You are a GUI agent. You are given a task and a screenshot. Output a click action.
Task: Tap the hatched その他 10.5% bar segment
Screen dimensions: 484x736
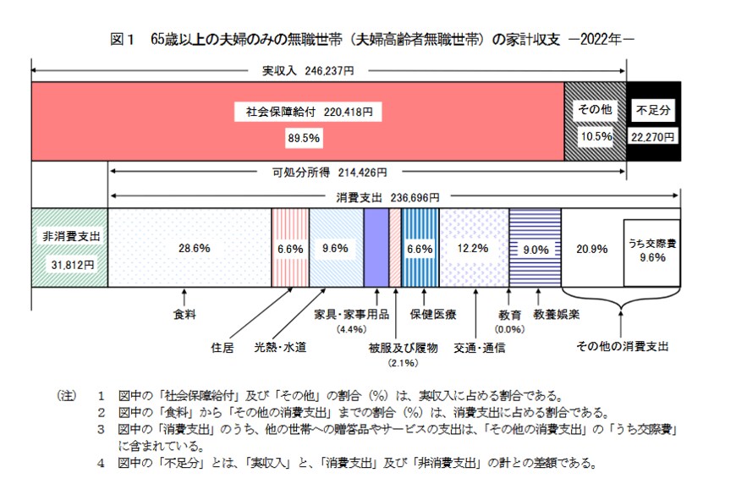(x=596, y=123)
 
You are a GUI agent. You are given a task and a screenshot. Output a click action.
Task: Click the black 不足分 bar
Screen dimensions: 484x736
(x=654, y=123)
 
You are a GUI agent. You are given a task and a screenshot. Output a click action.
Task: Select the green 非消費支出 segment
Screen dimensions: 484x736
(x=69, y=248)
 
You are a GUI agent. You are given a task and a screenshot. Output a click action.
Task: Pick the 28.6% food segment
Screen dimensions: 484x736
(x=189, y=248)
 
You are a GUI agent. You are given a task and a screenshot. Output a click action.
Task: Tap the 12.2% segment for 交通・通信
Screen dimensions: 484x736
(x=474, y=248)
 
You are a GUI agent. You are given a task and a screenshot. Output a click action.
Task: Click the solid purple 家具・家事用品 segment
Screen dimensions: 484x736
(x=376, y=248)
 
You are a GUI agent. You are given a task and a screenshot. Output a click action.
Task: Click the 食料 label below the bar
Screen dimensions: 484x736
(x=184, y=315)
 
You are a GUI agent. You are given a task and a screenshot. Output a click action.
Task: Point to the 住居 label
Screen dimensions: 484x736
(x=222, y=347)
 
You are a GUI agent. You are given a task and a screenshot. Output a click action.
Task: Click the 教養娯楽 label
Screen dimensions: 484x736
(x=554, y=315)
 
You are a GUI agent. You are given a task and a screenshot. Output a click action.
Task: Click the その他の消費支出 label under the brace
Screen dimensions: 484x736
(x=622, y=347)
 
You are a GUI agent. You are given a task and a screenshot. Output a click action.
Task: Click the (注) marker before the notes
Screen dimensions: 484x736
(x=66, y=395)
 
